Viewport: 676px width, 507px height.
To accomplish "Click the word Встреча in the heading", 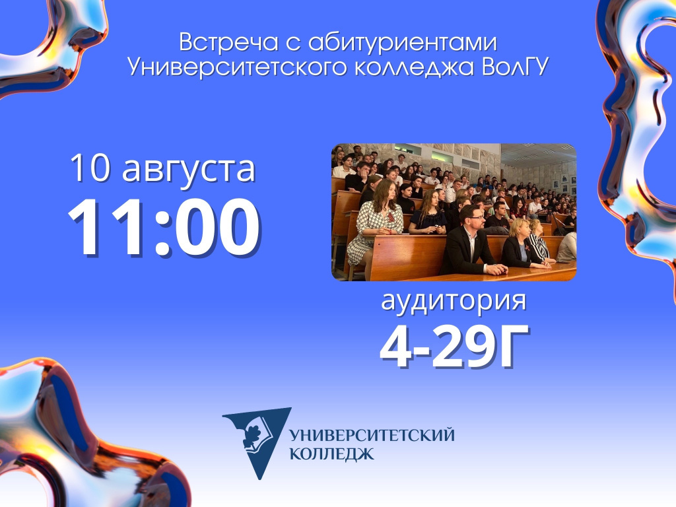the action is [229, 42].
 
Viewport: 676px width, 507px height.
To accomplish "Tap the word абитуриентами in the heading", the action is [403, 43].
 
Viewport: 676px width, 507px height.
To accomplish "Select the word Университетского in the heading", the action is [237, 68].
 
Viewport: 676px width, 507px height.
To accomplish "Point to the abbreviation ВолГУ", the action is [515, 67].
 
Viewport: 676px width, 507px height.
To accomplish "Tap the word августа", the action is [189, 170].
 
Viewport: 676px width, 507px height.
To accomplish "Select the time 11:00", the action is [164, 227].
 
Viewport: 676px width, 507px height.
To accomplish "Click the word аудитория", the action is [454, 301].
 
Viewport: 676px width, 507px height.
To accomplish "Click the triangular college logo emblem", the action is [258, 441].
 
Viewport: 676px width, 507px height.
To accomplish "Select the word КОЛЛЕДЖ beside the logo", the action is [331, 454].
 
